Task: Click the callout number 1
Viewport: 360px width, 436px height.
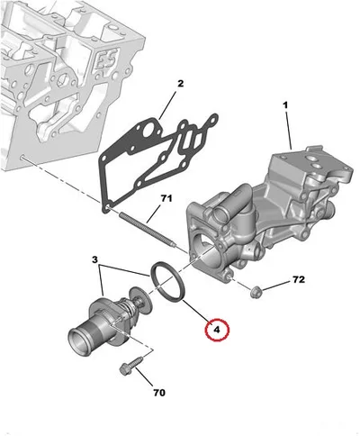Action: coord(285,105)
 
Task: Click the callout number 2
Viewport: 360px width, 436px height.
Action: coord(180,84)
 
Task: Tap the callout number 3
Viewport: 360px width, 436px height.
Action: coord(94,259)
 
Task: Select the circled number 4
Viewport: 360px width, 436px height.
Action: coord(217,330)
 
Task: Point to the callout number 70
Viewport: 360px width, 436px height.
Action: coord(159,393)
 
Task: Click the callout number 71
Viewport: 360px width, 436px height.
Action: coord(166,198)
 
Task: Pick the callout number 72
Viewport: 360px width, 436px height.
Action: coord(299,279)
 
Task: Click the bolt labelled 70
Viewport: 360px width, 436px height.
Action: coord(130,366)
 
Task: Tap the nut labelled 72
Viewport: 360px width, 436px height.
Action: coord(256,291)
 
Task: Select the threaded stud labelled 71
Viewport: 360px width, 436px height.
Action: coord(148,230)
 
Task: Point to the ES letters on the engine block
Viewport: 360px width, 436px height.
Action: coord(105,59)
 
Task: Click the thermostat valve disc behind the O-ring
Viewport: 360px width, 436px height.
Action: coord(139,302)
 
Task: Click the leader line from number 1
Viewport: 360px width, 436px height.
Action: coord(288,131)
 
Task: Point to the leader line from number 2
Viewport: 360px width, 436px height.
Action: coord(169,105)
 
